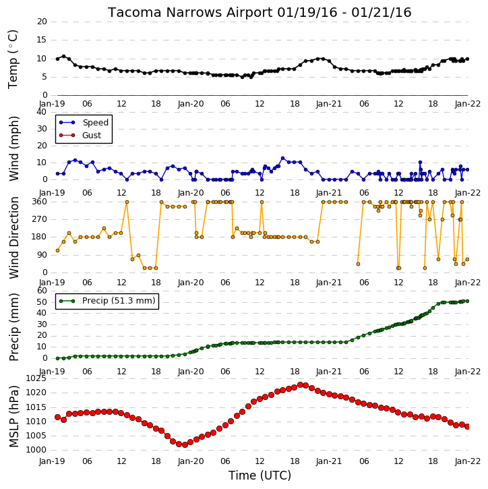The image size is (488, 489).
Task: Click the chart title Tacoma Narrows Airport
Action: [190, 12]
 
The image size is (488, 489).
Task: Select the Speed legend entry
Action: [84, 123]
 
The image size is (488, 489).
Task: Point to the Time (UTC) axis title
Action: [260, 476]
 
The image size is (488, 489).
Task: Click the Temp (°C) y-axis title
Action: [13, 59]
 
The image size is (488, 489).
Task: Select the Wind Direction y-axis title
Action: [14, 237]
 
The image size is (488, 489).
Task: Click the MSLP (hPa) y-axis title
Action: [14, 416]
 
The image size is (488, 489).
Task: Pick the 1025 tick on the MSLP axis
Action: [36, 378]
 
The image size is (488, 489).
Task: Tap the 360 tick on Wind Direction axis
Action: [40, 202]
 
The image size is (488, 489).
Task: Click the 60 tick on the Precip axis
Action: [42, 291]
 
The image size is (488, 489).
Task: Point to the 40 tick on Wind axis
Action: [42, 112]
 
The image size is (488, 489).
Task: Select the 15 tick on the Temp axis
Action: [42, 40]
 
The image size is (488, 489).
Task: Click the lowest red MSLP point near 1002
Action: [185, 444]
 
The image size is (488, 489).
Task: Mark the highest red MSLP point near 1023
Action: [301, 385]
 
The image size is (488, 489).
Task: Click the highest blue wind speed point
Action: [283, 159]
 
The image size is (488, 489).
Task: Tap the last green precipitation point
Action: [467, 301]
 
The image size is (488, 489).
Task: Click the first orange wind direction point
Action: [58, 250]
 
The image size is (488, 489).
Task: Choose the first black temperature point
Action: [58, 59]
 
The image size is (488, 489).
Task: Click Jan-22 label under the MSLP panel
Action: [467, 461]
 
